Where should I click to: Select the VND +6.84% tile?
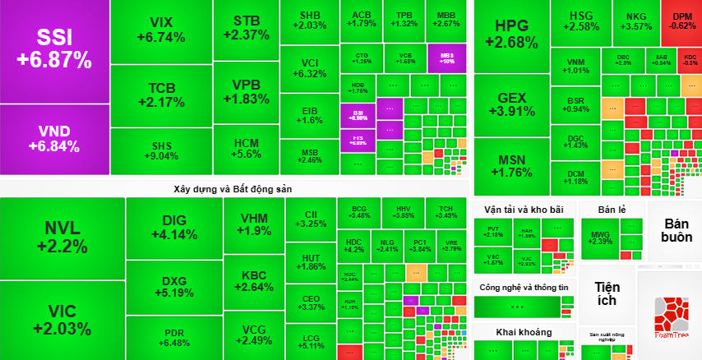point(53,139)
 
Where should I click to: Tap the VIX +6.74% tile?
point(160,30)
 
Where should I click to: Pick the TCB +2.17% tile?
point(160,95)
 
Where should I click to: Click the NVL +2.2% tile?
point(62,237)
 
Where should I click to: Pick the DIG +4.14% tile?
point(173,227)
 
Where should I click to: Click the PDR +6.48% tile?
point(173,337)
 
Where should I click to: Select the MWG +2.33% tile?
point(601,238)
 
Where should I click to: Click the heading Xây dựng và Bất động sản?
point(233,188)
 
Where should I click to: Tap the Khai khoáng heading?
point(524,332)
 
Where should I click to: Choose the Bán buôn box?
point(674,230)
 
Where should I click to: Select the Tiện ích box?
point(607,294)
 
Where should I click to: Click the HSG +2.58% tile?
point(580,21)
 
